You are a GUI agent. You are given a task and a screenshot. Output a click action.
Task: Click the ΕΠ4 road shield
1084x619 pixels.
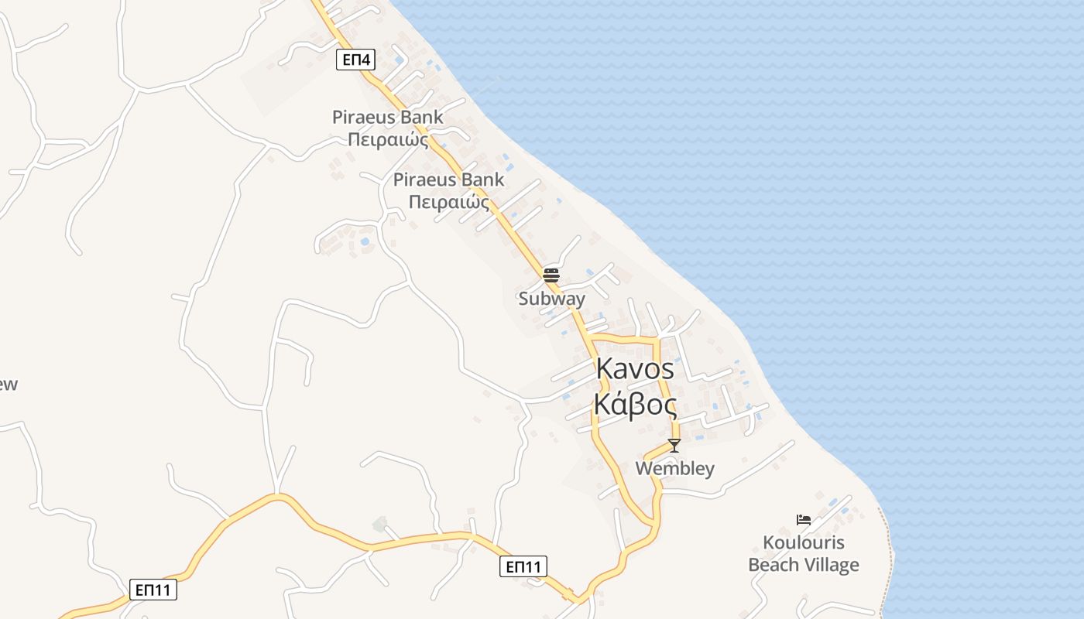pos(355,59)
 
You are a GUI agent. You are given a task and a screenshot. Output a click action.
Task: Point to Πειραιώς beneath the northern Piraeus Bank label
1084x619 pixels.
pos(388,140)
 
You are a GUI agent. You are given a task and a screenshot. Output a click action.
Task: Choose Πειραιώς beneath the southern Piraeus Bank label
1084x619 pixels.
pos(449,203)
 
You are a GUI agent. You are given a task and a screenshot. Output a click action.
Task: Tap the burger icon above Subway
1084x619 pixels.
pos(551,275)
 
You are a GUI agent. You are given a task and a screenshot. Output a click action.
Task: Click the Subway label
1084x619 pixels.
pos(552,299)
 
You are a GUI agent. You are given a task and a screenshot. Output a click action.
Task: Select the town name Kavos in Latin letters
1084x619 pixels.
pos(635,370)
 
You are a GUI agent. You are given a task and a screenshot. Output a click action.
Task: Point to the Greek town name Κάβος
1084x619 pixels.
pos(635,404)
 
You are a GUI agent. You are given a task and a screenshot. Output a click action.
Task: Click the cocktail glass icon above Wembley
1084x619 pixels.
pos(674,445)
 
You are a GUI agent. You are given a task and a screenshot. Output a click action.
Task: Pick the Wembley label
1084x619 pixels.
pos(674,469)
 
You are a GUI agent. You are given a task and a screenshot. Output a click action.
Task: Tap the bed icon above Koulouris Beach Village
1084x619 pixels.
pos(804,519)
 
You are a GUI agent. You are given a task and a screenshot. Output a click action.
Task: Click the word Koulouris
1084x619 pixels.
pos(804,542)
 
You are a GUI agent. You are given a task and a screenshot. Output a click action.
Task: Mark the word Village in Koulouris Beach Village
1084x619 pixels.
pos(830,566)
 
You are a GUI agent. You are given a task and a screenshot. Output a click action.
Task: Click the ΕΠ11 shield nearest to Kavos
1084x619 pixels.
pos(523,566)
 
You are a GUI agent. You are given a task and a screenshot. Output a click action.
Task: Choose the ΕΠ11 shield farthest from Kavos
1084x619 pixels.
pos(153,590)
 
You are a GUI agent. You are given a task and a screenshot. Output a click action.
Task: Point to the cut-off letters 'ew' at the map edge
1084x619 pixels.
pos(8,385)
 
